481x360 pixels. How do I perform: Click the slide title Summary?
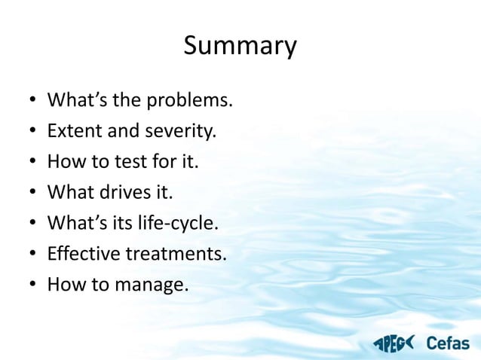coord(240,47)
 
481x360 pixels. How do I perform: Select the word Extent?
coord(69,131)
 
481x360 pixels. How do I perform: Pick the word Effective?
coord(84,254)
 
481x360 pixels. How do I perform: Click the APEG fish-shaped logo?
coord(393,343)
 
